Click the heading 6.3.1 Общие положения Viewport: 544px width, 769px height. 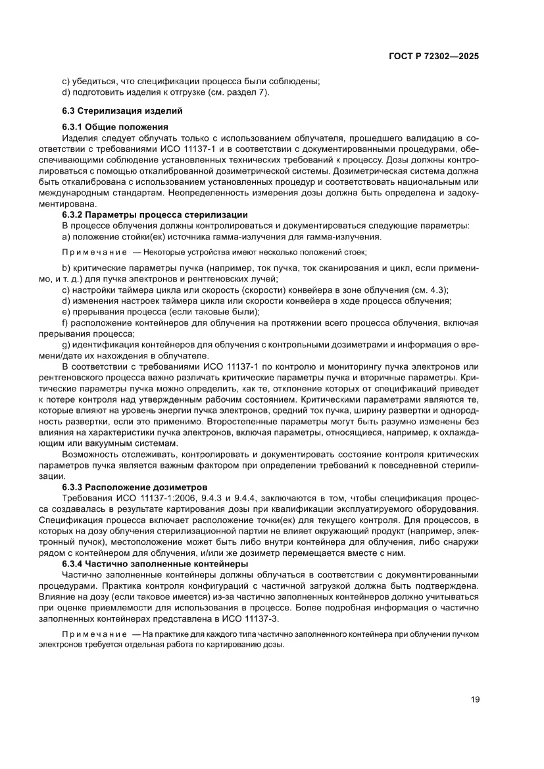click(115, 127)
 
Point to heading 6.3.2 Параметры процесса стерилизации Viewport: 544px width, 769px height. click(155, 215)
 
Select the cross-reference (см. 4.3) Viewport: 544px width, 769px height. click(429, 289)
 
